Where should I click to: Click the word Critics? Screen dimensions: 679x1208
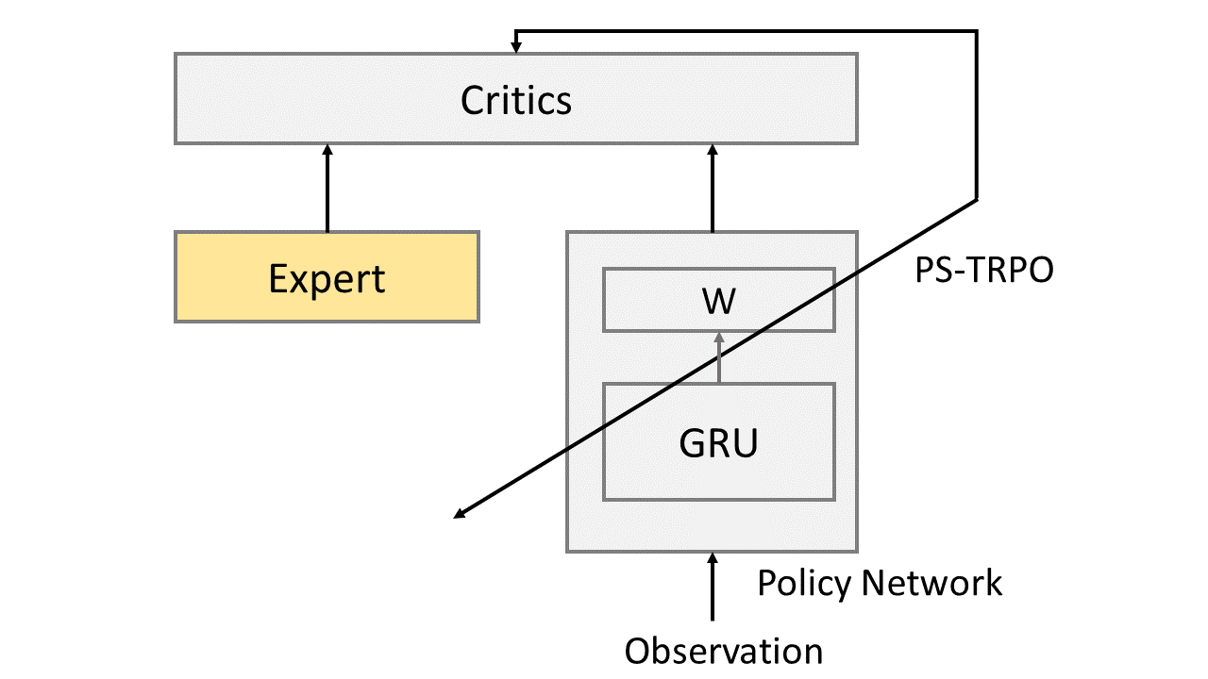[516, 99]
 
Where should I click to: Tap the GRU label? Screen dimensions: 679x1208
[718, 442]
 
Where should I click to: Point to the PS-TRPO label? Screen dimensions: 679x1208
[984, 271]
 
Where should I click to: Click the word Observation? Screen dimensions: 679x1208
[724, 651]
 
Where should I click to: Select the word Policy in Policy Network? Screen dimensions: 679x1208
[804, 583]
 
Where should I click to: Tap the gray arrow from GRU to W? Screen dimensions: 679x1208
[718, 363]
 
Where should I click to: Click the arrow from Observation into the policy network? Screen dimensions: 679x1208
[713, 589]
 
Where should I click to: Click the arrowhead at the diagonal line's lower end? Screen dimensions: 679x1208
[460, 514]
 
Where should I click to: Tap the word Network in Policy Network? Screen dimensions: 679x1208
[931, 583]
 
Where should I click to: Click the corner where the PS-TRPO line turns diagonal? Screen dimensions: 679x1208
[976, 199]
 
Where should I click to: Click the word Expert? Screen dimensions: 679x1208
[327, 278]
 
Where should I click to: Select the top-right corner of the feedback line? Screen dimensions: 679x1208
[976, 31]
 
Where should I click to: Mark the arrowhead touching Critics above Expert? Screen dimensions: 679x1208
[327, 150]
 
